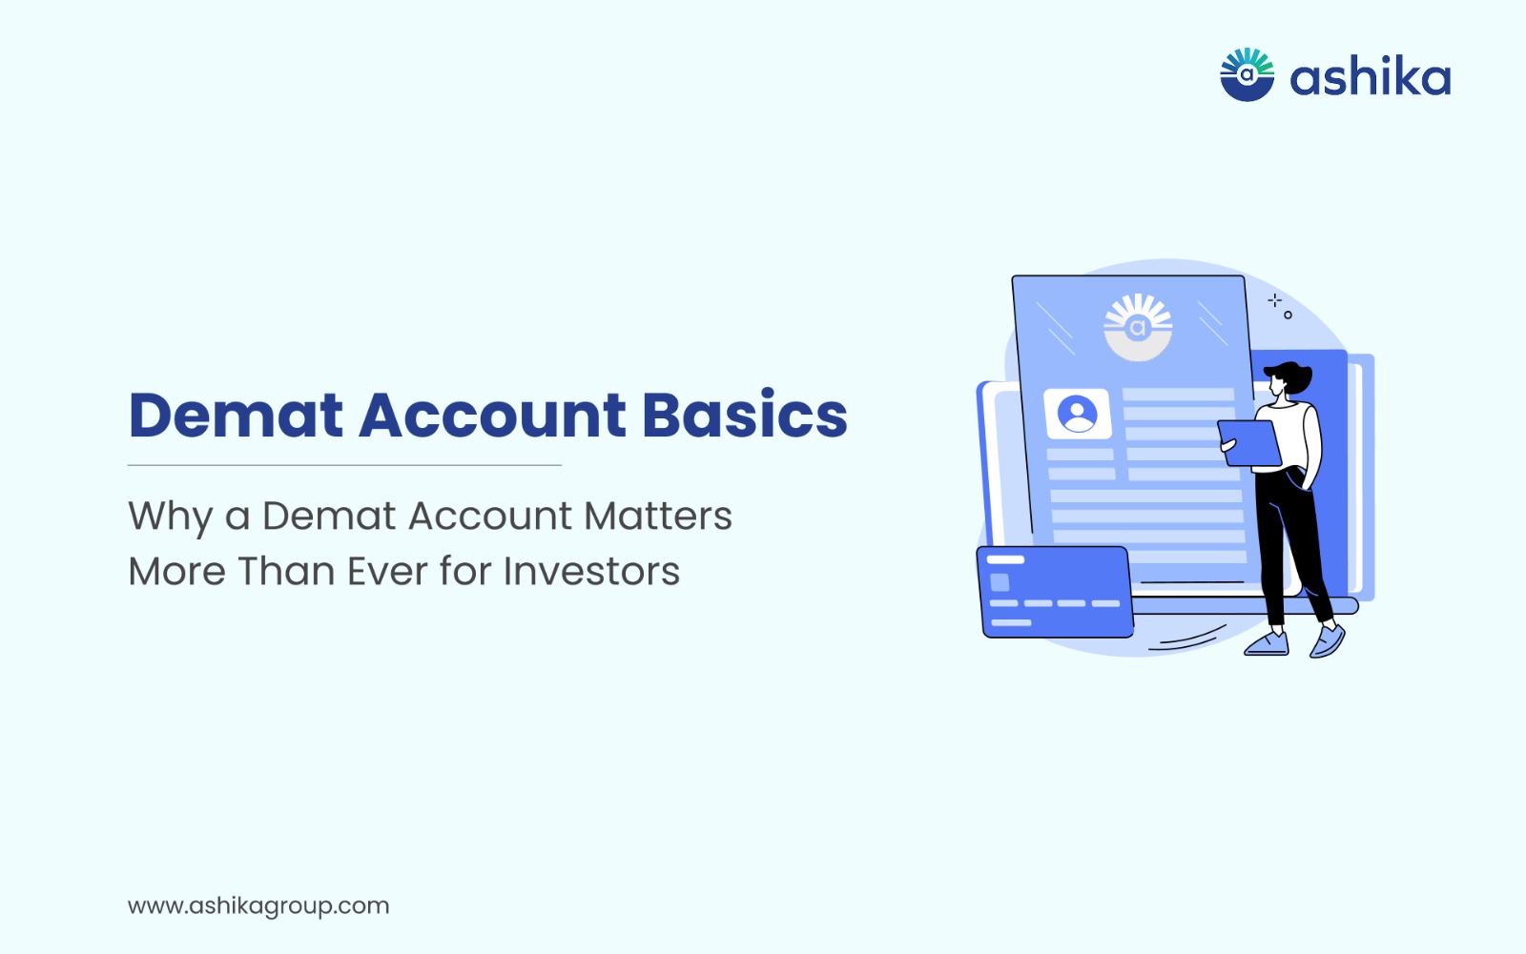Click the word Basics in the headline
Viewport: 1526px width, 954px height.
tap(745, 414)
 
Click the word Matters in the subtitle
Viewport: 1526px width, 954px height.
tap(658, 516)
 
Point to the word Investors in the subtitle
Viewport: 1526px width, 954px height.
tap(591, 571)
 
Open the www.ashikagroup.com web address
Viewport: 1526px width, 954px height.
tap(258, 906)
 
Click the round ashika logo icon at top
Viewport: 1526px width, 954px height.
tap(1247, 75)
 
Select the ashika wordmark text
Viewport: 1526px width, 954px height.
tap(1370, 77)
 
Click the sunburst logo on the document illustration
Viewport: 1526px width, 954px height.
tap(1138, 327)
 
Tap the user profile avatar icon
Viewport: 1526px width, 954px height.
tap(1077, 414)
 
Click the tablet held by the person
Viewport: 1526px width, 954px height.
tap(1249, 443)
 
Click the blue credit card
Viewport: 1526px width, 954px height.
tap(1055, 592)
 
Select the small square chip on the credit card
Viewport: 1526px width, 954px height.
tap(1000, 582)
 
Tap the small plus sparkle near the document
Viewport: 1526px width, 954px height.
tap(1274, 300)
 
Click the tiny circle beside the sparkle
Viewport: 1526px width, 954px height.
tap(1288, 315)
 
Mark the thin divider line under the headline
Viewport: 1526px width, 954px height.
tap(344, 465)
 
